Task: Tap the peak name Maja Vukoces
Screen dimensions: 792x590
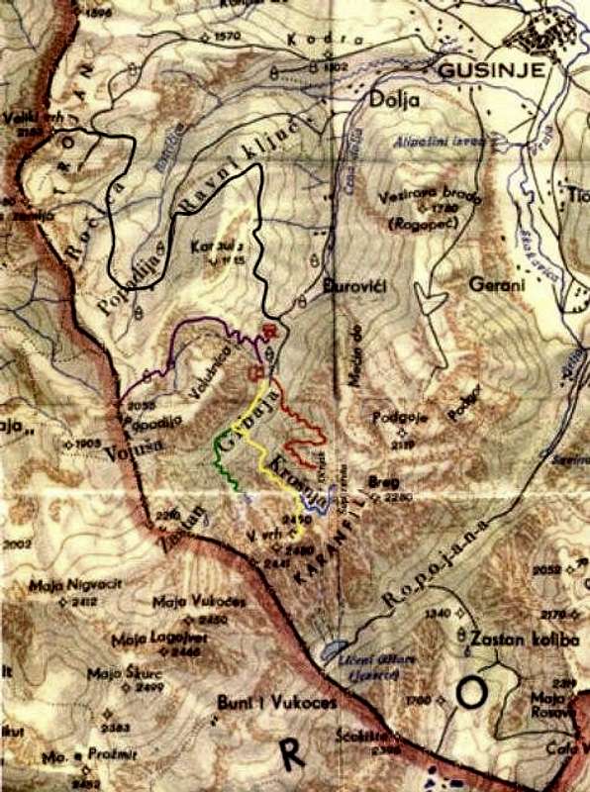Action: pos(192,602)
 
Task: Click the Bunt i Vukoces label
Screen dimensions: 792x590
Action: pos(277,703)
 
